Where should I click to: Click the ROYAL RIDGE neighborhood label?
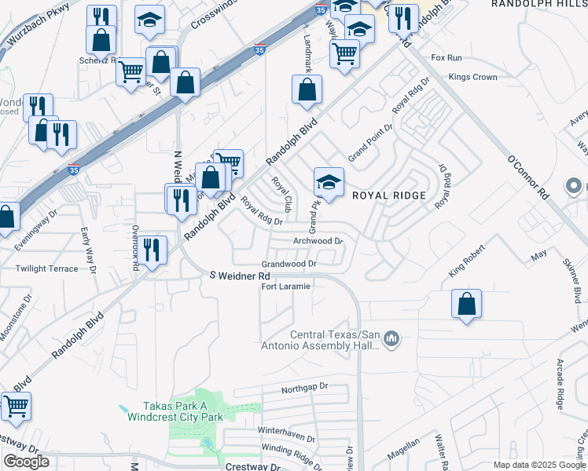(388, 195)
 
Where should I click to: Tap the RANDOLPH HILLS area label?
(539, 4)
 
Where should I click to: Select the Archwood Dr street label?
(318, 241)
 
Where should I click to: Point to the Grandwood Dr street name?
(289, 265)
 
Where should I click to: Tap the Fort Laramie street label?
(286, 287)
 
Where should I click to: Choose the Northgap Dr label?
(303, 387)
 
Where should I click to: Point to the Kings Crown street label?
(472, 78)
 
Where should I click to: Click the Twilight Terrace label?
(47, 268)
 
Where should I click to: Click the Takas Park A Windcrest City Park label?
(183, 411)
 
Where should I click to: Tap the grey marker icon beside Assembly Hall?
(392, 339)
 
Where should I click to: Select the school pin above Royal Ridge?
(329, 184)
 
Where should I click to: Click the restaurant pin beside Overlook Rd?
(153, 250)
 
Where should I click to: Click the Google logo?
(26, 462)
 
